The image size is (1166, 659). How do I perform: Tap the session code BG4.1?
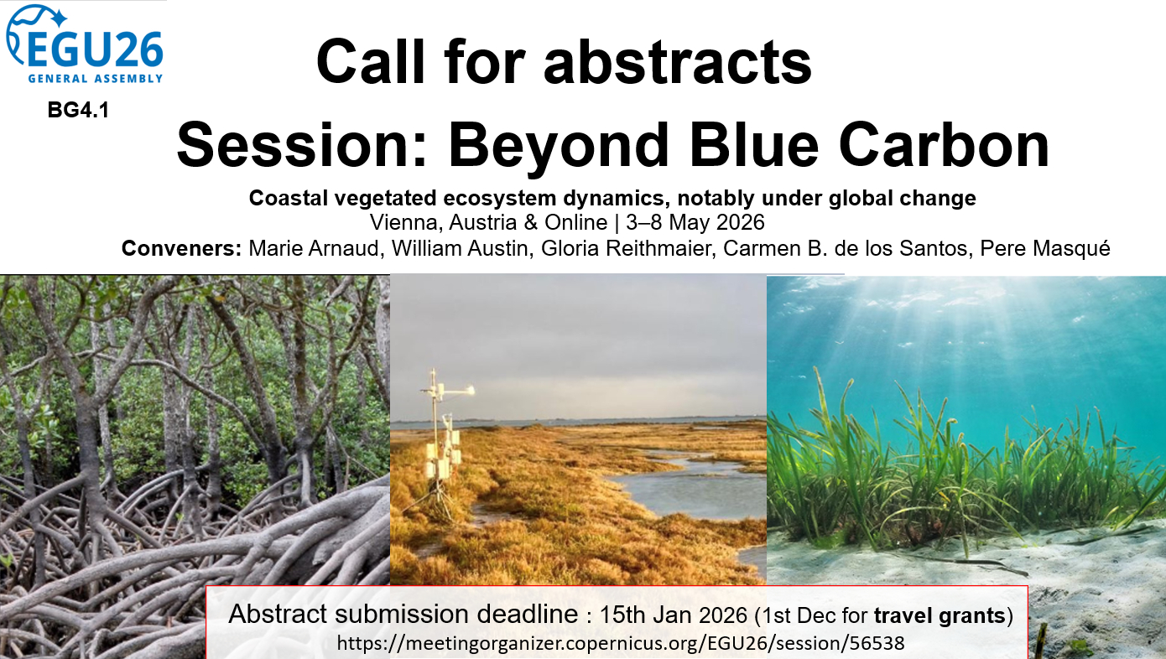pos(78,111)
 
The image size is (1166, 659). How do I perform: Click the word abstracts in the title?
pos(678,61)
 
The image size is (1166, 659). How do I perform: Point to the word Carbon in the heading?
pos(944,145)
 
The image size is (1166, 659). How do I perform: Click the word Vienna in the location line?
pos(406,223)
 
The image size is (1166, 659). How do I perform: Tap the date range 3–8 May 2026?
pos(695,223)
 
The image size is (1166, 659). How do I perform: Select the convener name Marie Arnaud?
pos(316,249)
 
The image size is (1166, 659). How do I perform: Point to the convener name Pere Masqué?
pos(1045,248)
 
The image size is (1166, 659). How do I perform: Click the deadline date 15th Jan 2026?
pos(673,615)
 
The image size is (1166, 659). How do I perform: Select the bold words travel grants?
pos(940,616)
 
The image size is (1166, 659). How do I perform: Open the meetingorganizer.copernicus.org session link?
pos(621,643)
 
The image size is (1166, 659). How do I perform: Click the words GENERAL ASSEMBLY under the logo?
pos(96,79)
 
